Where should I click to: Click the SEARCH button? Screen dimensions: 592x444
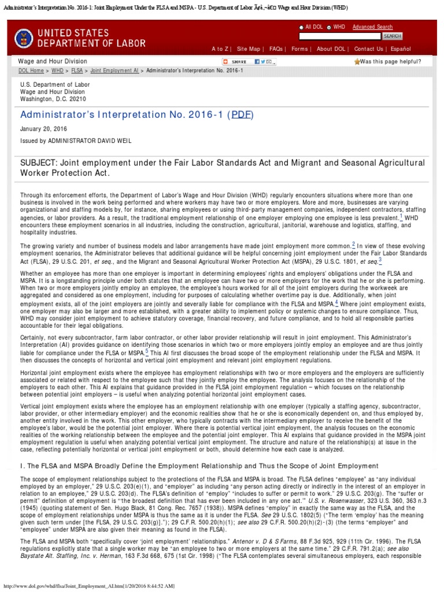393,36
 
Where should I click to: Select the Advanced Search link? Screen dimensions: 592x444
372,27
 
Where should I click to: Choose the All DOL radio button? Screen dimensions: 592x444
301,27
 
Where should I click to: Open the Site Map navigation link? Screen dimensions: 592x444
249,49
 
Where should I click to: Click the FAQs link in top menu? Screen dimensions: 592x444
276,49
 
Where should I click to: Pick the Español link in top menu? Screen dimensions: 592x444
400,49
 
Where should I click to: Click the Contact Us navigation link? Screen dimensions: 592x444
368,49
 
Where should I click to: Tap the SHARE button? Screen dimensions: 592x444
235,62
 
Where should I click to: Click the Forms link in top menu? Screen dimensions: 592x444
299,49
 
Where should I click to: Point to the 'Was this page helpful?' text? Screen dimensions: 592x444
390,61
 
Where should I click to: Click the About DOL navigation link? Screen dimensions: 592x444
332,49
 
